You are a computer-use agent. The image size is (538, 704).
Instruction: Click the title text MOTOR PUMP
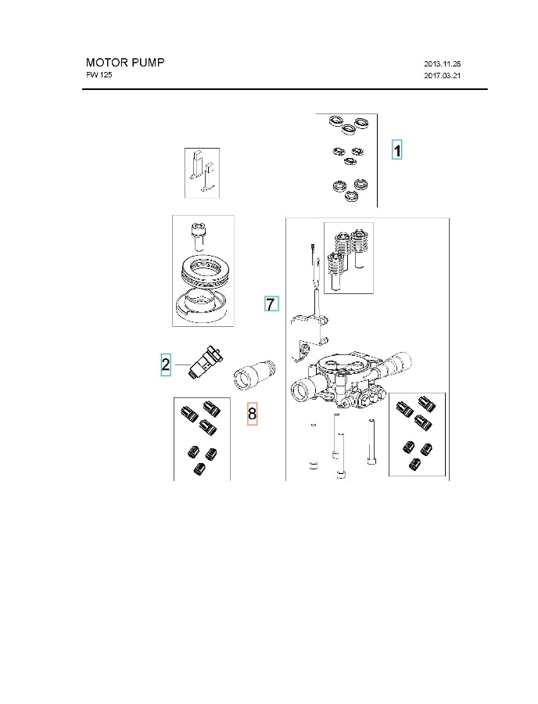tap(125, 63)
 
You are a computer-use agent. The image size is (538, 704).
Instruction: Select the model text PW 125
tap(99, 75)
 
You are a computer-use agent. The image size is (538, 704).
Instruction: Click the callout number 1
tap(397, 150)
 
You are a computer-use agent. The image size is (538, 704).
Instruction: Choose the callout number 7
tap(271, 304)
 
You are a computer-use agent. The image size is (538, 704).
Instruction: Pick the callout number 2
tap(165, 365)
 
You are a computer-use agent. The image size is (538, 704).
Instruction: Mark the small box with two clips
tap(202, 172)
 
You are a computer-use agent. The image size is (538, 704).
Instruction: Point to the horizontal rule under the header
tap(285, 90)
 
